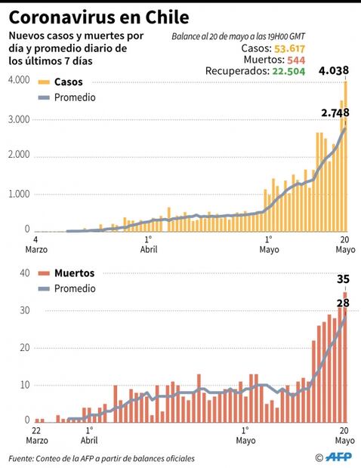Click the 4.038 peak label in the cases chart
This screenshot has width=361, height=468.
click(333, 71)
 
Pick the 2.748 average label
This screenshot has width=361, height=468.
click(335, 112)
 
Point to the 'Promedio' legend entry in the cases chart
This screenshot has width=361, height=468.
click(74, 97)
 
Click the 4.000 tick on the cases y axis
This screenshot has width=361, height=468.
click(17, 82)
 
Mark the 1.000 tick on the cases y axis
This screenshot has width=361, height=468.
click(17, 193)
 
